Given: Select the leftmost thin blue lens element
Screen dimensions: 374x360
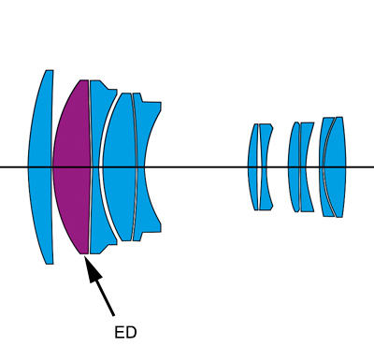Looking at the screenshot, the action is click(x=40, y=167).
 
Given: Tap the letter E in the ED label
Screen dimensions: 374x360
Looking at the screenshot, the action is click(x=120, y=333).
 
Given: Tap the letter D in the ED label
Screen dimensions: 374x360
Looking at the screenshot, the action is click(x=132, y=333).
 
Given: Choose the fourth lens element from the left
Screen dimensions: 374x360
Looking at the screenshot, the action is click(x=120, y=167).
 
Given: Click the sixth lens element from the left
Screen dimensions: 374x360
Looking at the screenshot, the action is click(x=253, y=167).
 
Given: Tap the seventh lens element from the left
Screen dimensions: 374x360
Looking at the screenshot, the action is click(x=265, y=167).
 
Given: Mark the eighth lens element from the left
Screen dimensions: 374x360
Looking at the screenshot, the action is click(x=294, y=167).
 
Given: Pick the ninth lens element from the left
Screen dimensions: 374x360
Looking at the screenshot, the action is click(x=306, y=167).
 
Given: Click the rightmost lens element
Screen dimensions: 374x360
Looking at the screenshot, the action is click(x=335, y=167).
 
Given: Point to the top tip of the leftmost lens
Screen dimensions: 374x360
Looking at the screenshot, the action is click(x=50, y=70).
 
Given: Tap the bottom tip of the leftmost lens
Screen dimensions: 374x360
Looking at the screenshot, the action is click(x=50, y=264).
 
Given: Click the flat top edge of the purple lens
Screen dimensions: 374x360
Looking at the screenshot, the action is click(x=84, y=80).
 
